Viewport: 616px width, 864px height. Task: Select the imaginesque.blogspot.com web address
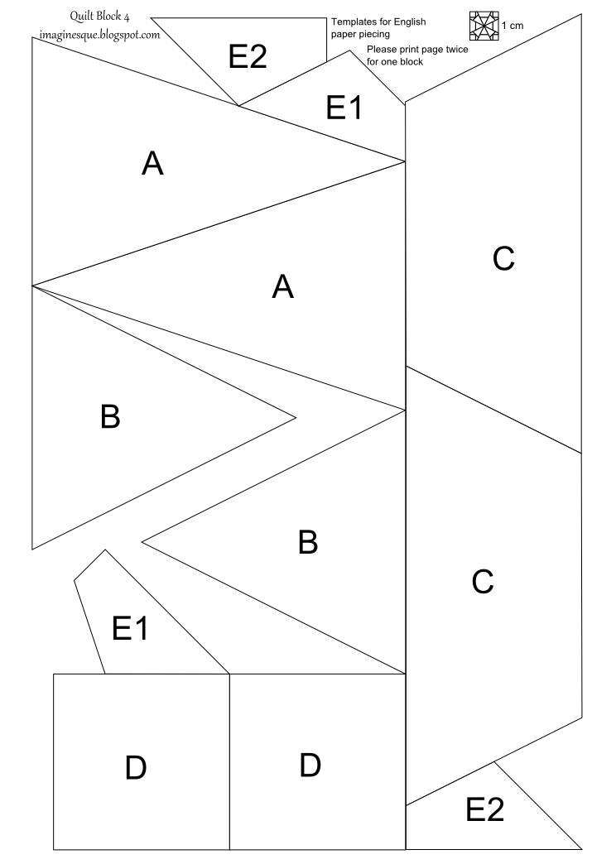(99, 35)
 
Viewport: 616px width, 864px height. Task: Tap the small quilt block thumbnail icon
(483, 26)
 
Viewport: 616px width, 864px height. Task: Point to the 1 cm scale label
(513, 26)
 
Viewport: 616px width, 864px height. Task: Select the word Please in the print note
(382, 50)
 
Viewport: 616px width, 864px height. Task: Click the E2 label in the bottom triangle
(485, 809)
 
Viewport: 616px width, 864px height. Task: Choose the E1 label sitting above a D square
(130, 630)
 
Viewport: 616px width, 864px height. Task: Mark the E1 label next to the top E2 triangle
(344, 108)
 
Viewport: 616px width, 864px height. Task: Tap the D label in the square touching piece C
(310, 766)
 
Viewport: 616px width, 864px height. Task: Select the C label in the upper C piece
(503, 259)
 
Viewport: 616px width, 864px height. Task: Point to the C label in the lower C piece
(482, 582)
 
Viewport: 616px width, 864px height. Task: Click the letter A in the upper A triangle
(152, 164)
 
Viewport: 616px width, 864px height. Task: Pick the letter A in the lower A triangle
(283, 286)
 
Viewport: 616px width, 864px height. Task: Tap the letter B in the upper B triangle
(110, 417)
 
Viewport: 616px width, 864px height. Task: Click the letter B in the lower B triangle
(307, 543)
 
